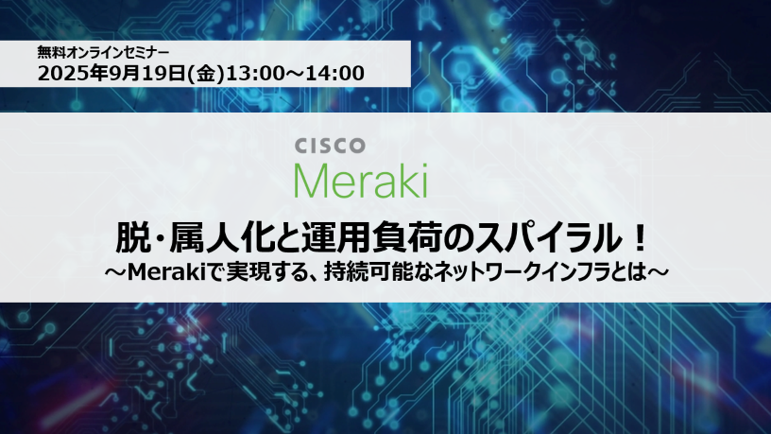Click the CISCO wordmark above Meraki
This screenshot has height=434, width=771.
click(x=330, y=146)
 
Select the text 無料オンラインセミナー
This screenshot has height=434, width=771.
click(x=103, y=52)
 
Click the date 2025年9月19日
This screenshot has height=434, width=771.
click(x=111, y=74)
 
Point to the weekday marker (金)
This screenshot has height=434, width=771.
click(x=205, y=74)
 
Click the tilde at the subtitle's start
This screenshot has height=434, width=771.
click(x=115, y=272)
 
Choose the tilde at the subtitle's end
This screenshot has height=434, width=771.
click(x=658, y=272)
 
